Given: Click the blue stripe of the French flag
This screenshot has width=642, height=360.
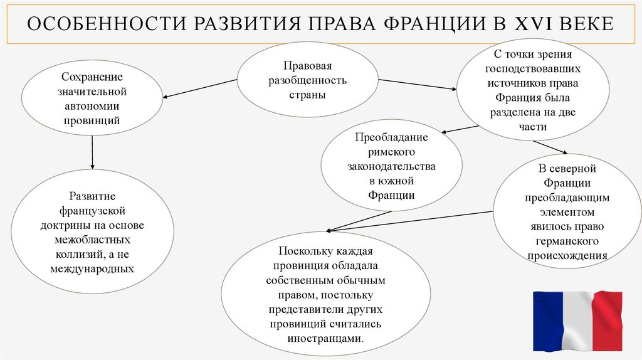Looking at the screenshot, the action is [x=547, y=320].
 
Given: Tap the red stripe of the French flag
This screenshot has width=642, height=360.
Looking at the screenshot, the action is [x=606, y=320].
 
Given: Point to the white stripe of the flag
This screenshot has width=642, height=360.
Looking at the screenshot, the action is [x=577, y=320].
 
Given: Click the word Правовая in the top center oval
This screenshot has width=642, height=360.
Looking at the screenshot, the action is [x=307, y=65].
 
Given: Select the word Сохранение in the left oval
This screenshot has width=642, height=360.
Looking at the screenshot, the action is [x=92, y=77].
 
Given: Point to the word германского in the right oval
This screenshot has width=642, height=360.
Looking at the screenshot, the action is [x=567, y=241].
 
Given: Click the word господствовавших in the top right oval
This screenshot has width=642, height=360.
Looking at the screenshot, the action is [x=534, y=68].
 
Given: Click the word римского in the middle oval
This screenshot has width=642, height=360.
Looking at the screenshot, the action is [x=391, y=152].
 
